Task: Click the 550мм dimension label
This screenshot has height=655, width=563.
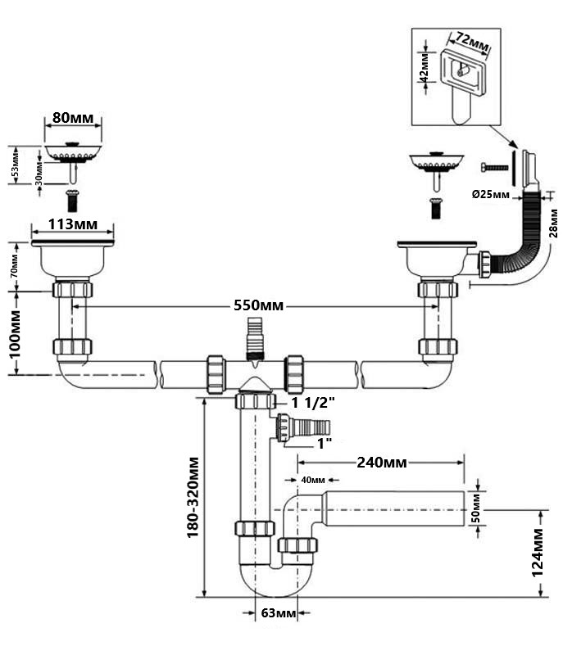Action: coord(260,305)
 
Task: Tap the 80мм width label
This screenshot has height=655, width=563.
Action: coord(72,117)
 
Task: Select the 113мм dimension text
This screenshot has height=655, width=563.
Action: coord(72,224)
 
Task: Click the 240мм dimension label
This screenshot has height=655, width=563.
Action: coord(380,463)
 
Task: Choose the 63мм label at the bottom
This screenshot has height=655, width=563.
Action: coord(277,613)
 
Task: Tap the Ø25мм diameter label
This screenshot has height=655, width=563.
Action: coord(492,195)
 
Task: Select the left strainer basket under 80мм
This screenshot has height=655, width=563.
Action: coord(72,153)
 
